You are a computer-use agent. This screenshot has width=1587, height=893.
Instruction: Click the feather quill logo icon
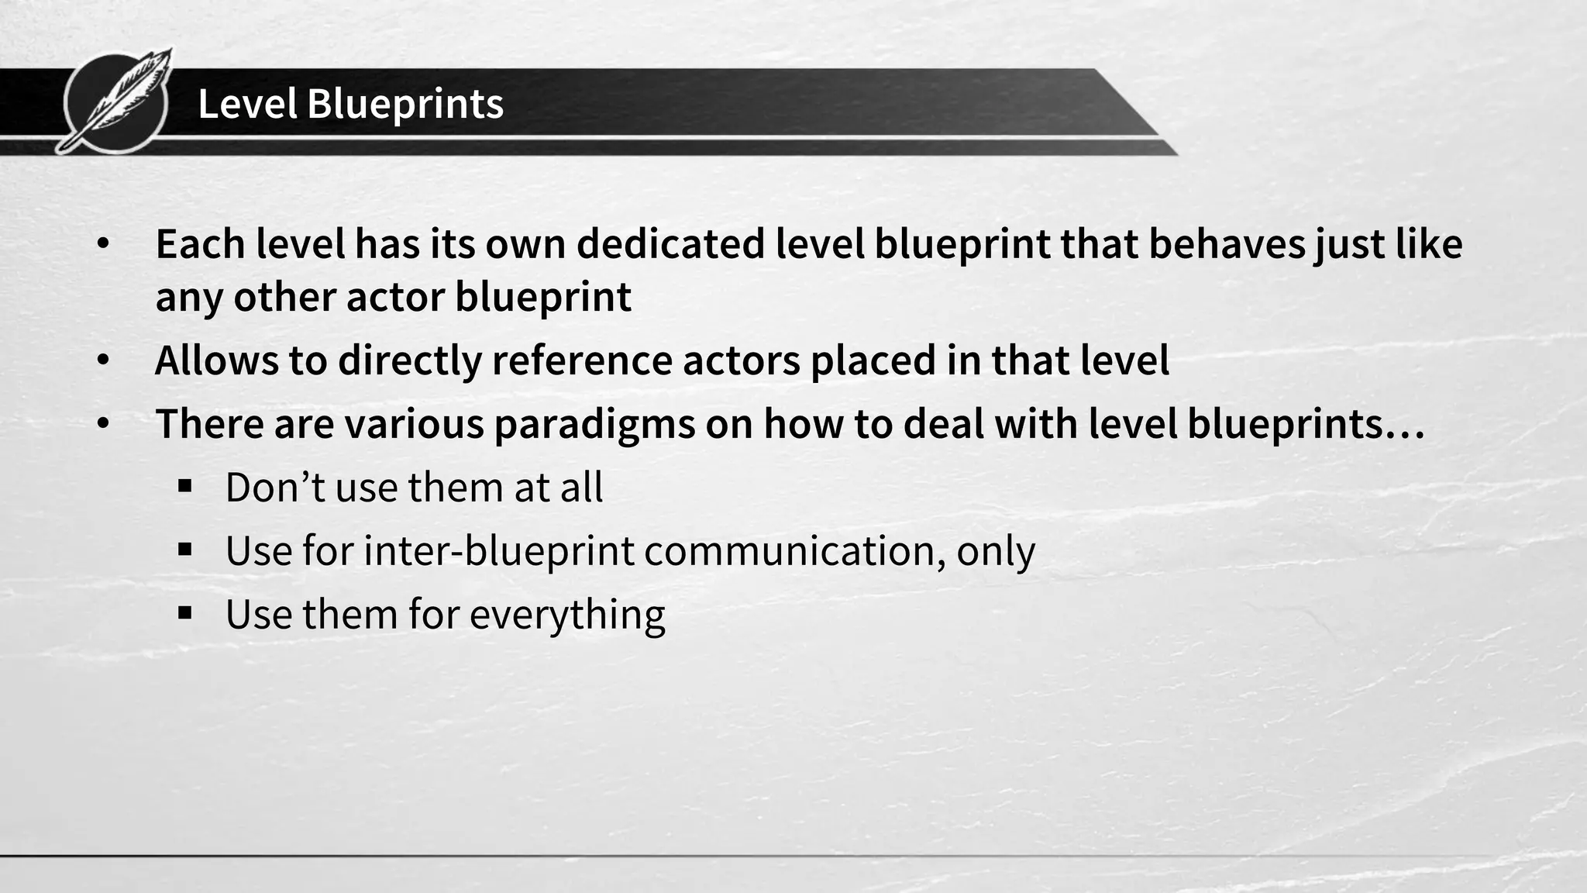click(x=116, y=101)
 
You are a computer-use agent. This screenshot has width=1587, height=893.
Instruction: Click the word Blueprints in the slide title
click(x=405, y=104)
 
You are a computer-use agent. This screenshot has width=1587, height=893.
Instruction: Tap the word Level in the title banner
click(x=247, y=104)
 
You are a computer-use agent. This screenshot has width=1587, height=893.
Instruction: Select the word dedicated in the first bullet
click(x=670, y=244)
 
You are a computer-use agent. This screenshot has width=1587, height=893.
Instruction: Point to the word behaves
click(x=1225, y=244)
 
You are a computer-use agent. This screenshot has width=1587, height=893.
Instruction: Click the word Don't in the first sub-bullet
click(x=274, y=488)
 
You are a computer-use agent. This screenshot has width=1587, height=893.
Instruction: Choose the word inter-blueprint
click(x=498, y=551)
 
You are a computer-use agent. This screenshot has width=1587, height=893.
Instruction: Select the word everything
click(x=567, y=615)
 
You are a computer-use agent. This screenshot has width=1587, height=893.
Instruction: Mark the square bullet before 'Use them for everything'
click(x=184, y=614)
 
